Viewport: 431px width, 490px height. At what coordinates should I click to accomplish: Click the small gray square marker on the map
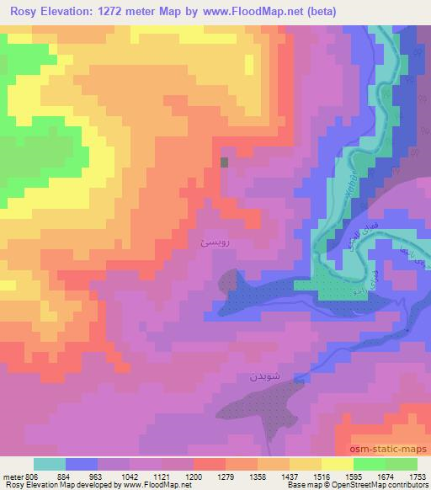[224, 162]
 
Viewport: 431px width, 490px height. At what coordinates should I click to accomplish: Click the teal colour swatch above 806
[49, 464]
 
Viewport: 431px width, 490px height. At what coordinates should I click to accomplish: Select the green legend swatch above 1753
[402, 464]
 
